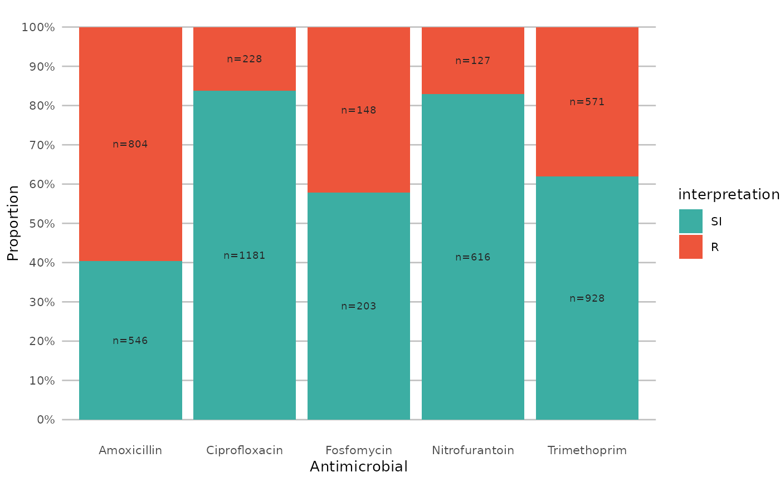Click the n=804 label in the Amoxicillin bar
[130, 144]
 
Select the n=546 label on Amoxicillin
[130, 341]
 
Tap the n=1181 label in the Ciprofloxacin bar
[245, 255]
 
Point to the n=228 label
[245, 59]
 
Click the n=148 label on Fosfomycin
[359, 110]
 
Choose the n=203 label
[359, 306]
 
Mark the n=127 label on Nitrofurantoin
[473, 61]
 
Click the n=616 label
[473, 257]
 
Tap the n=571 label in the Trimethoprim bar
[587, 102]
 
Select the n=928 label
[587, 298]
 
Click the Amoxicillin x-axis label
[130, 450]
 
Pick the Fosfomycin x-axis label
[359, 450]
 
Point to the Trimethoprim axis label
[587, 450]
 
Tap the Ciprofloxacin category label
[245, 450]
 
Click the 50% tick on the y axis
[42, 223]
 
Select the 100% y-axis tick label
[38, 27]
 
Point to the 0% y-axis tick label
[46, 420]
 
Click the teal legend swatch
[691, 221]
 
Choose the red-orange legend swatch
[691, 247]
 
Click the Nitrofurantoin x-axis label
[473, 450]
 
